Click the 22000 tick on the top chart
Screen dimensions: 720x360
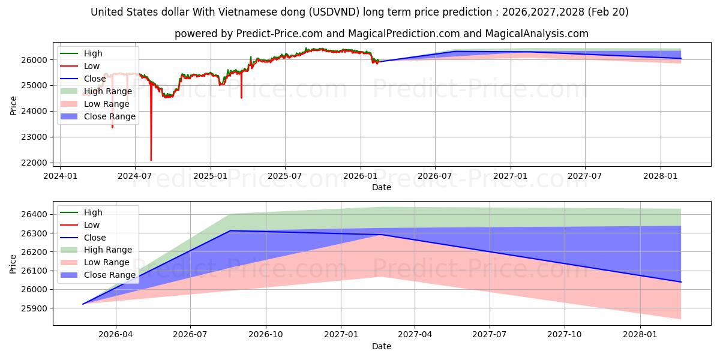click(x=34, y=163)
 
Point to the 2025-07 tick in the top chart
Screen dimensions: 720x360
click(x=285, y=176)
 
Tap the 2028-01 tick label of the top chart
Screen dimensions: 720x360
click(x=660, y=176)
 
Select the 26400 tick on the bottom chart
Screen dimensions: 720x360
click(x=34, y=214)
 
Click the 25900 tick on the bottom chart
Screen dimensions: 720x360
click(x=34, y=308)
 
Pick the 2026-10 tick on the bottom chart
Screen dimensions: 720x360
click(x=265, y=335)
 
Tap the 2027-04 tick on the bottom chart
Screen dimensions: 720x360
click(x=415, y=335)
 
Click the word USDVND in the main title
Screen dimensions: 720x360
click(x=334, y=12)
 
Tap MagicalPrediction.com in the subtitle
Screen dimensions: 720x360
click(x=404, y=34)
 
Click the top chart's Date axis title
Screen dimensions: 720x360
click(x=382, y=187)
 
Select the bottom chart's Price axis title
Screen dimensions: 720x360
click(x=13, y=264)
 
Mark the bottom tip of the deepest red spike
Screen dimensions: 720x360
click(x=151, y=160)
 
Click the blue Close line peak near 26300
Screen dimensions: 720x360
click(x=229, y=230)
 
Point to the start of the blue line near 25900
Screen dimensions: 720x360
click(x=83, y=304)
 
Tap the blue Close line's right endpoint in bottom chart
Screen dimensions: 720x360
click(x=681, y=282)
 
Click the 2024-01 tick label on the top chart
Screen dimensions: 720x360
click(x=60, y=176)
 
